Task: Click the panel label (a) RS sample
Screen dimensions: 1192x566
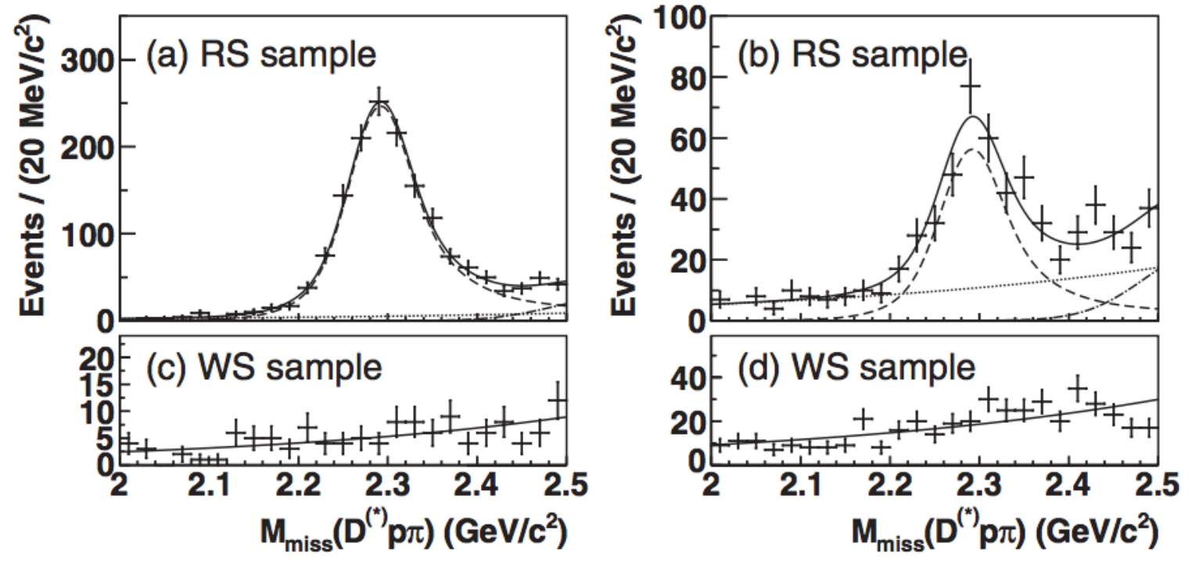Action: coord(261,56)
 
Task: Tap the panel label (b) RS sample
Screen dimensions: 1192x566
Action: coord(853,56)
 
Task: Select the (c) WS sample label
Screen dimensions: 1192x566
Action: coord(264,367)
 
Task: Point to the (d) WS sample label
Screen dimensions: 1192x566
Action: coord(856,367)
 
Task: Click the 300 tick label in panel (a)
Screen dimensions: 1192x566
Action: coord(88,60)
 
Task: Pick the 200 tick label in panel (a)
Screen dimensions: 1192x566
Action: coord(88,147)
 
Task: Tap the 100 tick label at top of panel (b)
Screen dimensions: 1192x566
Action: coord(679,19)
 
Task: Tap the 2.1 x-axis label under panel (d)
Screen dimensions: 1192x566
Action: coord(801,485)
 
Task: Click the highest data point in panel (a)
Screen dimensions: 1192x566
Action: coord(379,102)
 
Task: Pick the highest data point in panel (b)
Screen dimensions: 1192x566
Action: coord(971,86)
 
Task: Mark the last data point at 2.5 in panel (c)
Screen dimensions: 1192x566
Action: coord(558,400)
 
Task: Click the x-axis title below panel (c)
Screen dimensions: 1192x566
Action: coord(414,533)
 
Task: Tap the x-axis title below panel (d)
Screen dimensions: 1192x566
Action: coord(1005,533)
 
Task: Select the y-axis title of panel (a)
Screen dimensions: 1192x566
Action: coord(32,166)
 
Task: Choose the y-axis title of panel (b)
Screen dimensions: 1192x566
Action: coord(623,166)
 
